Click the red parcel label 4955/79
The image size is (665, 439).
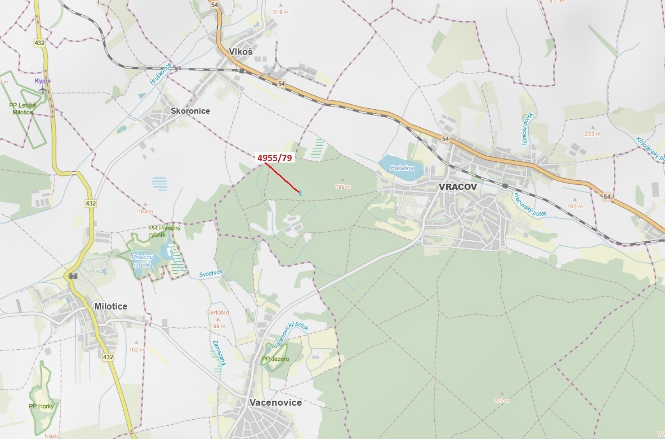pos(274,158)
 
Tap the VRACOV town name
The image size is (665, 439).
pos(458,187)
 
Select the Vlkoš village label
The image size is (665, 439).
pos(240,52)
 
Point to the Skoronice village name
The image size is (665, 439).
pos(190,111)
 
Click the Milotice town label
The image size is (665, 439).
pos(111,306)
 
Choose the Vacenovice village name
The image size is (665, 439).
pos(275,403)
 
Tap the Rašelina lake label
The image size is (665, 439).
pos(402,168)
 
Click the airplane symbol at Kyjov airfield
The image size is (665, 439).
pos(42,89)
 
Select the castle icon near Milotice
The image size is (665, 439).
pos(73,276)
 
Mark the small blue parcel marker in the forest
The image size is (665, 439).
pos(300,193)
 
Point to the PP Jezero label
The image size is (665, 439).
pos(275,359)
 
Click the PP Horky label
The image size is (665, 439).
pos(41,406)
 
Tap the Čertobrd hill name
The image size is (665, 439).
pos(217,313)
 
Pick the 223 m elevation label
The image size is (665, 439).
pos(593,135)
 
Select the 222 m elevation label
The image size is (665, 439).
pos(502,401)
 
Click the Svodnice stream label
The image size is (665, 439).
pos(211,273)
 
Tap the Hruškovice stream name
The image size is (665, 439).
pos(161,74)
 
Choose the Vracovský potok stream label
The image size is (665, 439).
pos(530,205)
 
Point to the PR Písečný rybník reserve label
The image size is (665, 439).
pos(165,231)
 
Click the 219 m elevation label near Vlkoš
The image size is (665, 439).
pos(280,12)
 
